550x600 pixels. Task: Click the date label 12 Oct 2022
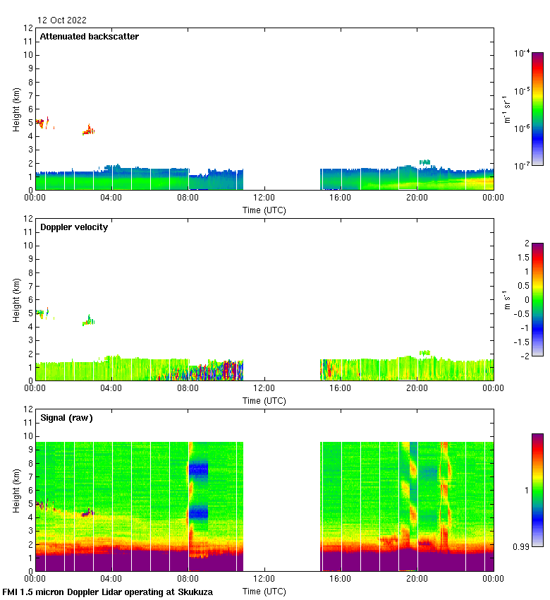(62, 20)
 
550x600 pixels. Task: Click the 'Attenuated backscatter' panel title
(89, 37)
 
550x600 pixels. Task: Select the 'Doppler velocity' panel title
(74, 227)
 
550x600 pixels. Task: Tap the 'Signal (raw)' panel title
(66, 418)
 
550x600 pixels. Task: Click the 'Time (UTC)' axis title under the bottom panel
(264, 591)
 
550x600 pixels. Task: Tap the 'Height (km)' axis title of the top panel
(16, 109)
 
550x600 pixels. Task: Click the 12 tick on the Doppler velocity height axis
(28, 219)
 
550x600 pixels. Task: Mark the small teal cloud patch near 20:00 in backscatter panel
(424, 162)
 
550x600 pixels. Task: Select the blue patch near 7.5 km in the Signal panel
(198, 469)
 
